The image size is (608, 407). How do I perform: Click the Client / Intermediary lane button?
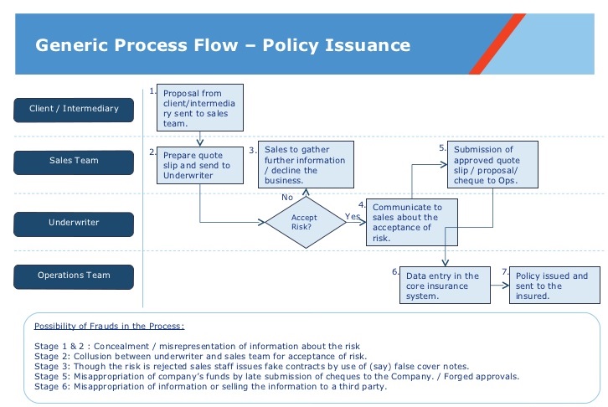(74, 110)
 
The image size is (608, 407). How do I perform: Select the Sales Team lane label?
(74, 162)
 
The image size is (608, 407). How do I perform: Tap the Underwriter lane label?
(74, 224)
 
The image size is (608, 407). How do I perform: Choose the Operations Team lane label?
(74, 276)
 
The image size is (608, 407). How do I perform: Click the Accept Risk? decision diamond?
(306, 223)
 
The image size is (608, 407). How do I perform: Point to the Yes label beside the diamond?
(353, 216)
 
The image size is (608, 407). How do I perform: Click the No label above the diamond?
(287, 198)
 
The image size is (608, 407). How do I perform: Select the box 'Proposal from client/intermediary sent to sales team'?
(200, 107)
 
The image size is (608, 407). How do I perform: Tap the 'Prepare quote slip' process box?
(200, 165)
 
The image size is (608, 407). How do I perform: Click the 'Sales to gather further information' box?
(306, 165)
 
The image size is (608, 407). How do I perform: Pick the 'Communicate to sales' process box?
(412, 223)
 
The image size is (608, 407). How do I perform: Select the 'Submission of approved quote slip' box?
(492, 165)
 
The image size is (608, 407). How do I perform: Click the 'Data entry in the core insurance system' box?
(446, 286)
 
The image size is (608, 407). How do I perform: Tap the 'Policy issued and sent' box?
(554, 286)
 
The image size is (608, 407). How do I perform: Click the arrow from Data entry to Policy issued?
(500, 286)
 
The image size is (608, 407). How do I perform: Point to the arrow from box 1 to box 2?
(200, 139)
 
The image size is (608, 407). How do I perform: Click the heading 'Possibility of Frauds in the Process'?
(110, 326)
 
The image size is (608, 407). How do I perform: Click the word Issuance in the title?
(368, 45)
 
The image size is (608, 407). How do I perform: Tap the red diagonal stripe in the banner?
(497, 44)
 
